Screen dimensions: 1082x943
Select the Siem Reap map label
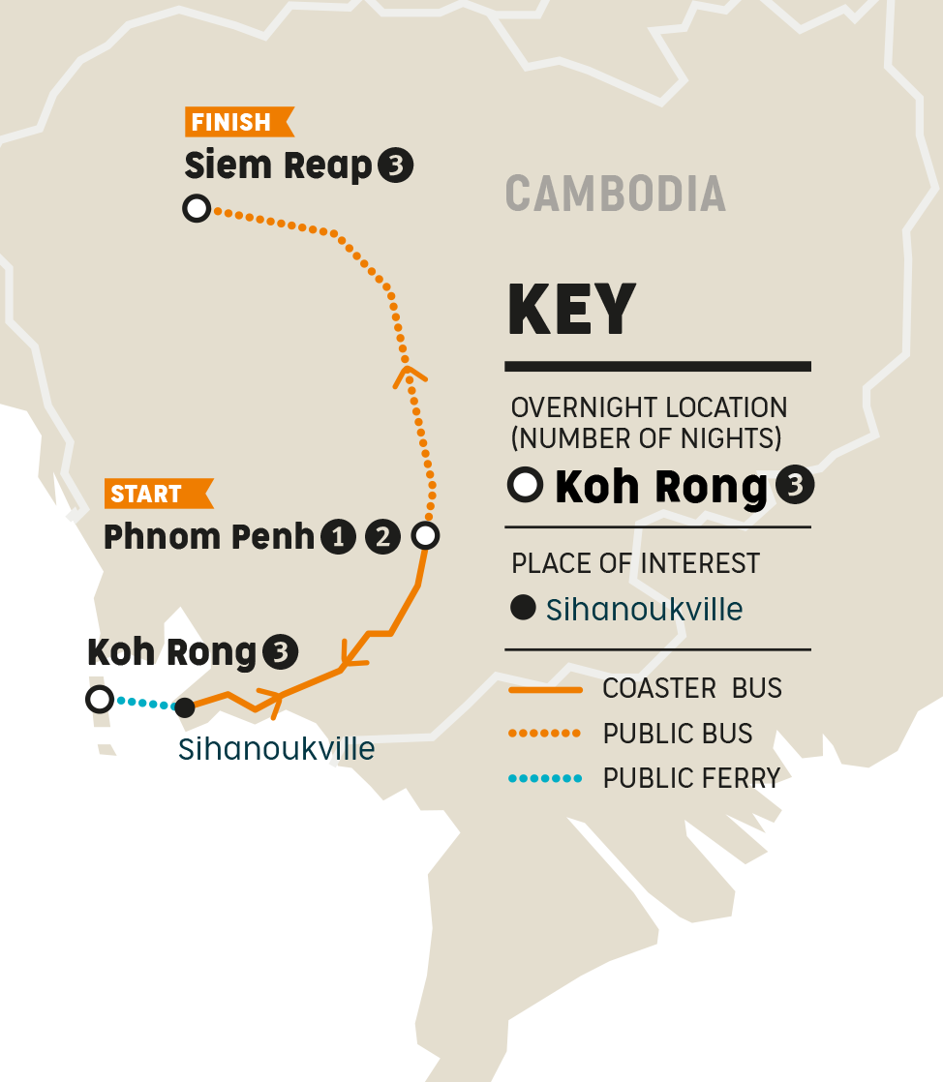pos(279,166)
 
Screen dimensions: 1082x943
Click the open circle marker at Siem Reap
pos(197,208)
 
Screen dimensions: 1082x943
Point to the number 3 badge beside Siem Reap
pos(396,166)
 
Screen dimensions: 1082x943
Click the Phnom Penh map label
pos(209,537)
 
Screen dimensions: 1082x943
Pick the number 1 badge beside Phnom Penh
pos(338,537)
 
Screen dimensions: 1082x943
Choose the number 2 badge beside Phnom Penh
pos(382,537)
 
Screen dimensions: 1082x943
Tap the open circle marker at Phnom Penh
pos(425,535)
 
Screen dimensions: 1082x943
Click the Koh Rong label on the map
pos(172,653)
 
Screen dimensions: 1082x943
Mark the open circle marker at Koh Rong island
pos(100,699)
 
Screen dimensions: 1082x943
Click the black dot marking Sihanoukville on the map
pos(185,707)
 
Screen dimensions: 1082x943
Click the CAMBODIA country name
pos(616,194)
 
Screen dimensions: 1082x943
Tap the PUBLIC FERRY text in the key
pos(691,778)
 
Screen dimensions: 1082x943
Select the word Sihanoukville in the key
pos(645,610)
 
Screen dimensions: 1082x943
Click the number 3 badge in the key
pos(794,487)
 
